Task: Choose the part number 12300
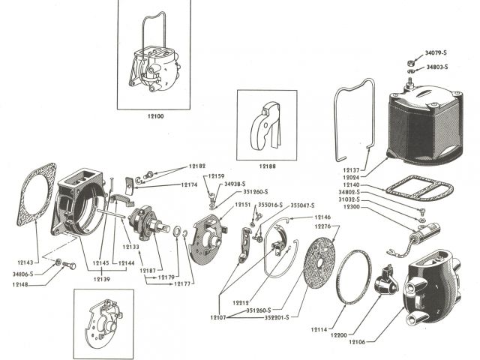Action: pos(351,208)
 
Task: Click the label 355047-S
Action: pos(302,205)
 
